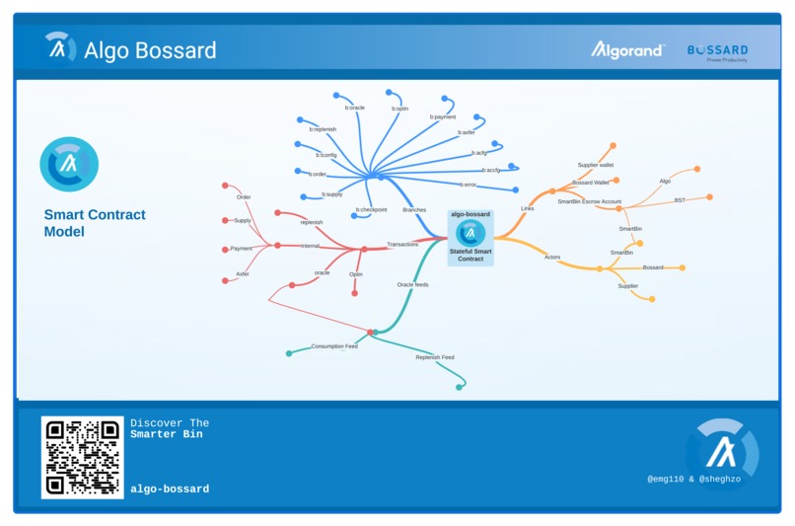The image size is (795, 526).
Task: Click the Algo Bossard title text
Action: (150, 49)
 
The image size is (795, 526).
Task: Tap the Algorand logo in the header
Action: (627, 49)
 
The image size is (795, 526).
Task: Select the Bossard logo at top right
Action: (717, 51)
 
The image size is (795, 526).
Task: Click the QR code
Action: (82, 456)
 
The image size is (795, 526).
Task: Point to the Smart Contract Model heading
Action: (95, 223)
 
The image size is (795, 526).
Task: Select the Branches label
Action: (414, 210)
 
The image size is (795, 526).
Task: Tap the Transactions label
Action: (402, 244)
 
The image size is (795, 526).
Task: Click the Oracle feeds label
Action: (412, 284)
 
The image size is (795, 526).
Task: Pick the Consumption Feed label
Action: (334, 346)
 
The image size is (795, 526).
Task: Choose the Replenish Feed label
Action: (434, 357)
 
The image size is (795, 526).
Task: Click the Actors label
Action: (552, 257)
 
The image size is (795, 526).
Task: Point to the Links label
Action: (528, 208)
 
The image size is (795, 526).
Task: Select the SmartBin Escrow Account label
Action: (589, 201)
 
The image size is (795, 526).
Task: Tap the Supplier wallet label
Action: (595, 165)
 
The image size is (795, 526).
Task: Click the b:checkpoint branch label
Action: (371, 209)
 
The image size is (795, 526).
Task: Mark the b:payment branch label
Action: (442, 116)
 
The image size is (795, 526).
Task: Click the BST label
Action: (680, 200)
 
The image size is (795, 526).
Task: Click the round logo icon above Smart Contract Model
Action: (69, 164)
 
